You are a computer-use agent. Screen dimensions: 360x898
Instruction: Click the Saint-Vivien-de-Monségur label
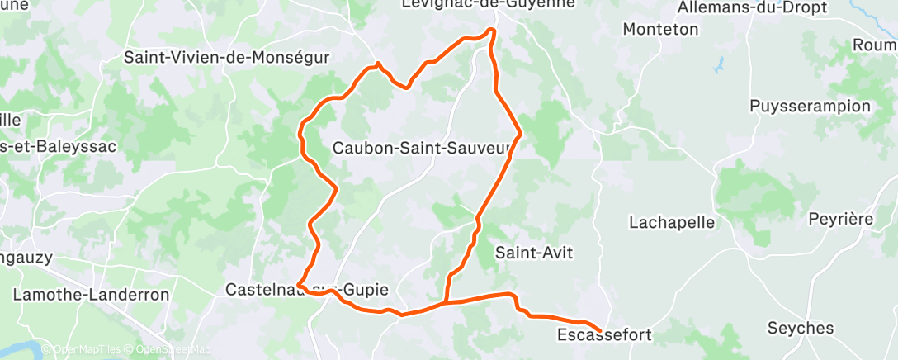click(x=226, y=58)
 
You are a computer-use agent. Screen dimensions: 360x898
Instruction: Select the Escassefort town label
click(x=604, y=335)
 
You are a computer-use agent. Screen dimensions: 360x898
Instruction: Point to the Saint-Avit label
click(x=533, y=253)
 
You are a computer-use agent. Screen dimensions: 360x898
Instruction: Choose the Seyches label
click(x=800, y=328)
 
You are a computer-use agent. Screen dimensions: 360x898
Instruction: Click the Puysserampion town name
click(x=810, y=107)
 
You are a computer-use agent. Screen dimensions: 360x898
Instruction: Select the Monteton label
click(x=661, y=29)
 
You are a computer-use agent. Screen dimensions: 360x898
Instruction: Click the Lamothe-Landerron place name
click(x=91, y=294)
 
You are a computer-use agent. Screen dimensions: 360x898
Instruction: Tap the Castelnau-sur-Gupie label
click(x=306, y=290)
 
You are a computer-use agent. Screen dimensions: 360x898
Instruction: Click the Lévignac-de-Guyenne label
click(x=487, y=5)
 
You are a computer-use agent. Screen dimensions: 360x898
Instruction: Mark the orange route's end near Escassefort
click(x=599, y=332)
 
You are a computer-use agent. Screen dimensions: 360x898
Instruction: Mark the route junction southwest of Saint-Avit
click(x=446, y=302)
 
